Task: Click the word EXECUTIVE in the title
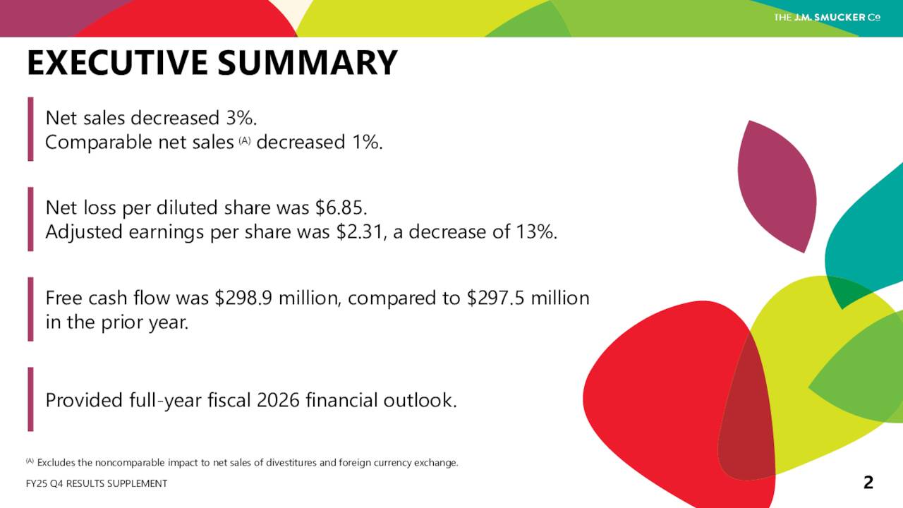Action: [x=117, y=63]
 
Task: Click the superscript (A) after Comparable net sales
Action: [x=245, y=140]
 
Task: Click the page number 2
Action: [x=868, y=483]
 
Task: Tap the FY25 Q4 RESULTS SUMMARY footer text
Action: [x=97, y=483]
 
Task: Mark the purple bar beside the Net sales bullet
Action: [x=30, y=129]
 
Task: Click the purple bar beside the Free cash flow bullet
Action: [x=30, y=309]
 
